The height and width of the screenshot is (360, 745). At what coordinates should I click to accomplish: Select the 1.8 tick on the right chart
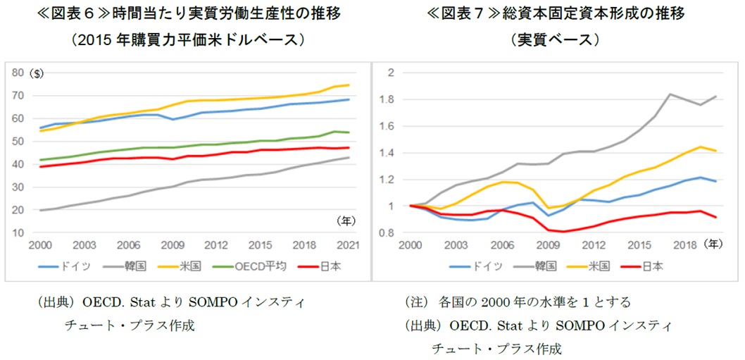click(387, 99)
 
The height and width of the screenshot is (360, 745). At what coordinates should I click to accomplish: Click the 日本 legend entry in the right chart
click(652, 266)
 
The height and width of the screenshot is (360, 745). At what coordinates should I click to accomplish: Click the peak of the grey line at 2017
click(670, 94)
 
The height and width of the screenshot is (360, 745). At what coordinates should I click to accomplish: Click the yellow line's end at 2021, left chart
click(349, 85)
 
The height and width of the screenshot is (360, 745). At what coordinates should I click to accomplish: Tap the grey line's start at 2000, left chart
click(39, 210)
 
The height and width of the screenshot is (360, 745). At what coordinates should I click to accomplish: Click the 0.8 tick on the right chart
click(387, 232)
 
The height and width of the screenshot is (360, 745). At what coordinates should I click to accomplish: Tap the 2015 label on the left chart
click(261, 245)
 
